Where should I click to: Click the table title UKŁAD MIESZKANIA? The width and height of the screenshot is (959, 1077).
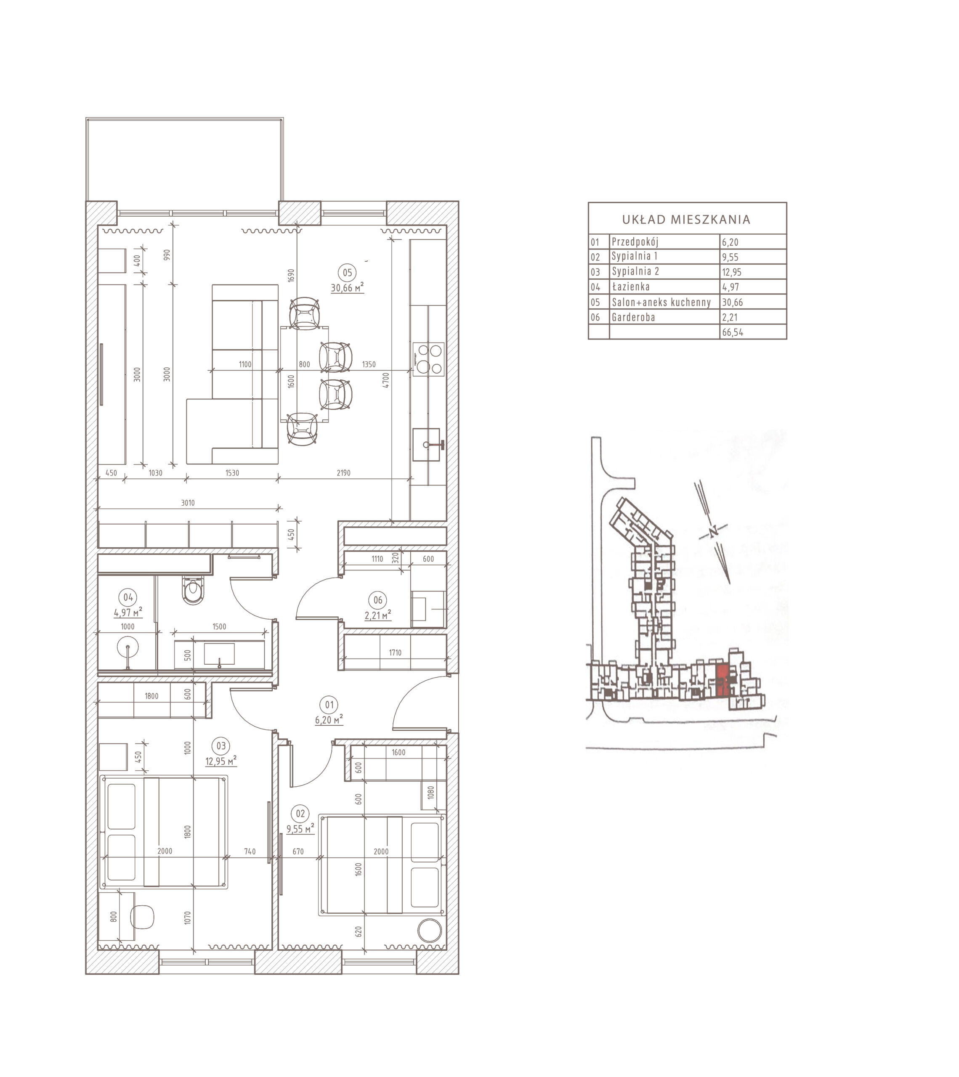[x=686, y=219]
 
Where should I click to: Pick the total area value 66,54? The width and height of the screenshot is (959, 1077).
[x=733, y=332]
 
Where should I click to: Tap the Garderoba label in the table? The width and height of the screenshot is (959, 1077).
[x=633, y=317]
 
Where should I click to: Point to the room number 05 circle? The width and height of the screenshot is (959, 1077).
[x=347, y=273]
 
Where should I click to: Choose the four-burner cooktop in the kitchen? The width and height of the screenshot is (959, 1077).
[x=428, y=359]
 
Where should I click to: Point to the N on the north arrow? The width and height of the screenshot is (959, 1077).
[x=713, y=532]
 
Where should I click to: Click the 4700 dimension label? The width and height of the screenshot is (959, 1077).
[x=386, y=380]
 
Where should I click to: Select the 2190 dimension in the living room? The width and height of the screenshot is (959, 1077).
[x=343, y=472]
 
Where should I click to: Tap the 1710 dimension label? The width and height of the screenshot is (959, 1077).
[x=395, y=653]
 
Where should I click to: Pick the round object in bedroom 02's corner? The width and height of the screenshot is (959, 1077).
[x=430, y=931]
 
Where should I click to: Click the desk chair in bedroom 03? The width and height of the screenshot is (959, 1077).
[x=142, y=917]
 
